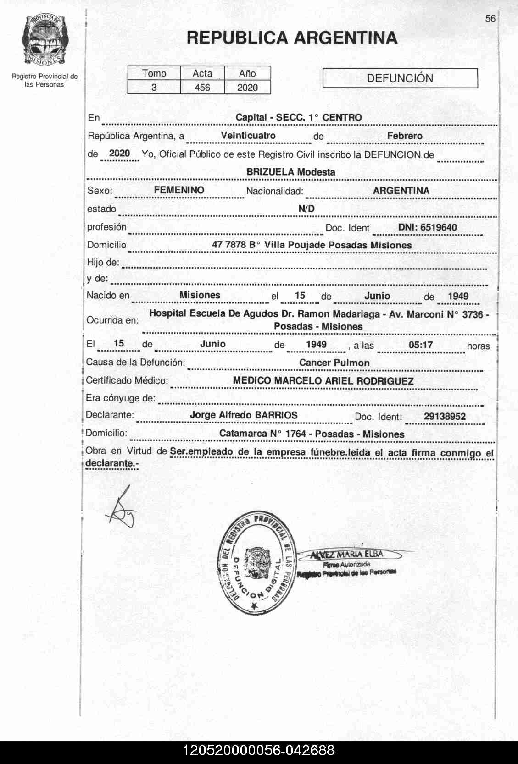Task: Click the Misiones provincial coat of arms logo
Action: click(44, 41)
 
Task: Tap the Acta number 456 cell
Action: click(202, 88)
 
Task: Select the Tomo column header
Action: click(154, 73)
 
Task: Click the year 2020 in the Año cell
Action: click(247, 88)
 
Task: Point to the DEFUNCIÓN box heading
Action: click(400, 78)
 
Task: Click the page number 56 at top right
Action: click(490, 18)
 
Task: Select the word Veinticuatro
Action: click(248, 136)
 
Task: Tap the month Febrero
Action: click(405, 136)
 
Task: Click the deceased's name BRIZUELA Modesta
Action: click(291, 172)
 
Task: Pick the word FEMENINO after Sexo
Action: click(179, 190)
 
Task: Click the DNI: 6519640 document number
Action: click(427, 227)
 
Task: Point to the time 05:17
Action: click(420, 345)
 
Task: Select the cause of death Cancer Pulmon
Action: click(334, 363)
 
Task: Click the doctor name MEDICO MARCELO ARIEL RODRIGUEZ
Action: click(323, 381)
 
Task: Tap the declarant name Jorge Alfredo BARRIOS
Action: click(244, 415)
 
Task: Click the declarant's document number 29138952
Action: click(445, 416)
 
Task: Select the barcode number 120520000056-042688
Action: click(259, 751)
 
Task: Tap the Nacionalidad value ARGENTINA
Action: click(401, 191)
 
